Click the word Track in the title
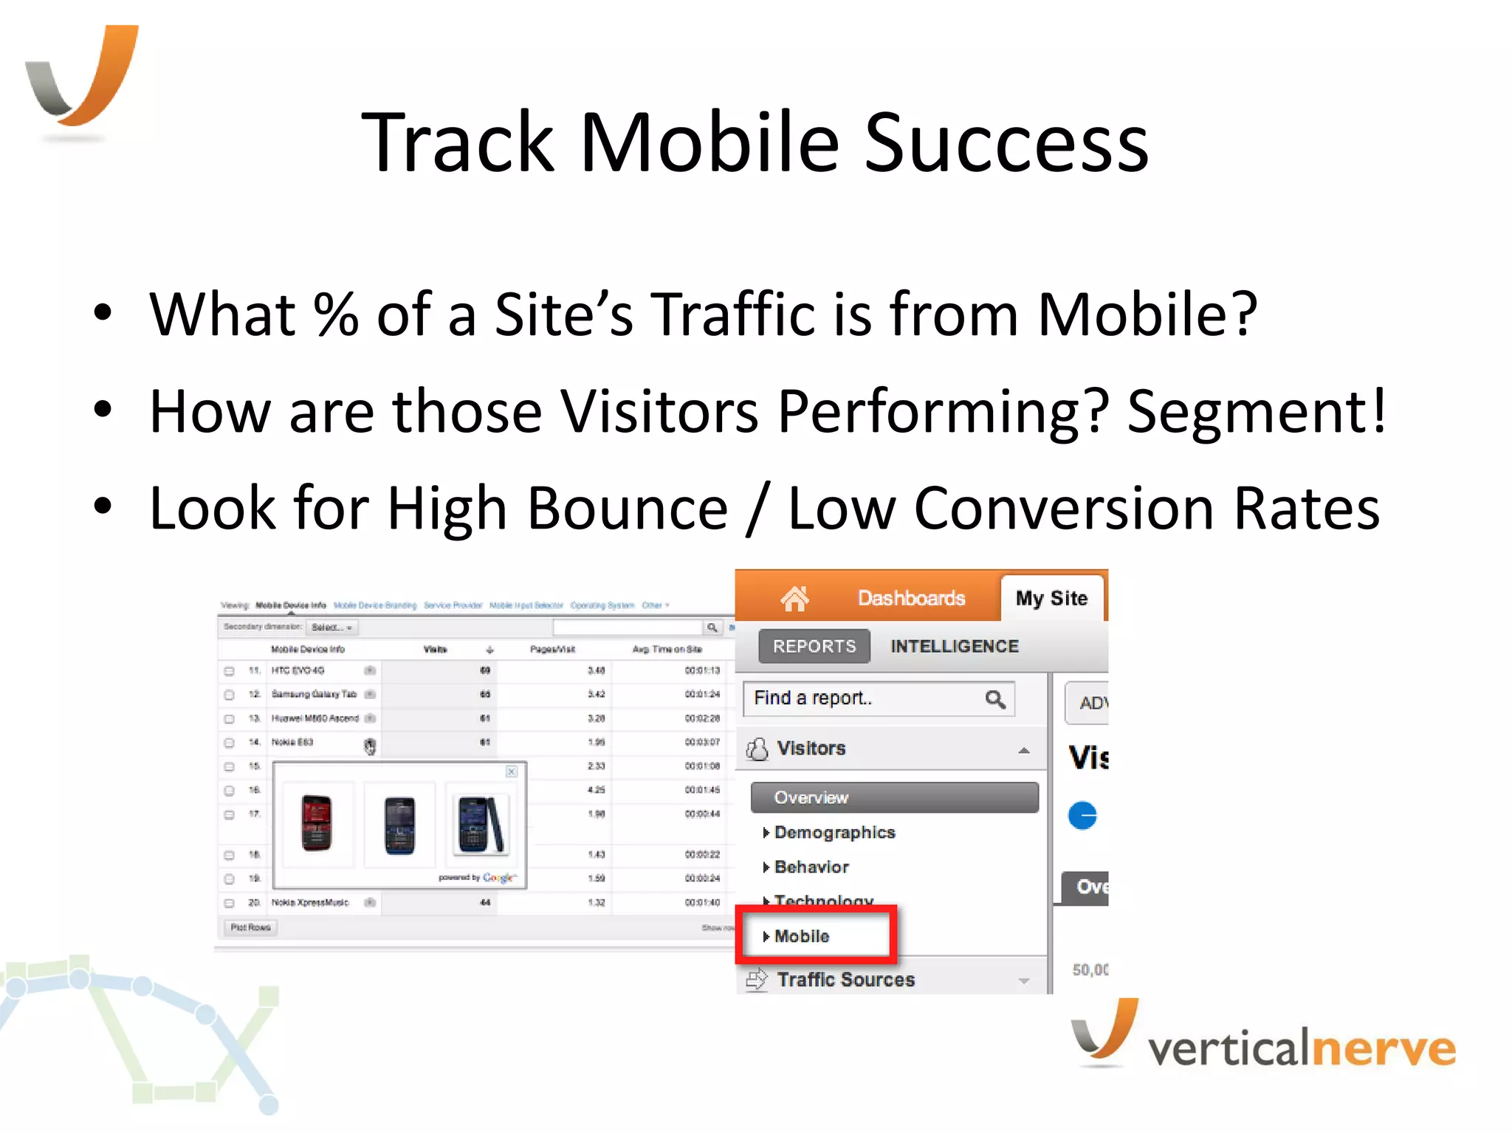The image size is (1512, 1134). pos(458,142)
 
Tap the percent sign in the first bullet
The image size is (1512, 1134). pos(336,315)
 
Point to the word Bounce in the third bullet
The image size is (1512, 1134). pos(628,508)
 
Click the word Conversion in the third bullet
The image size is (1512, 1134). pos(1064,508)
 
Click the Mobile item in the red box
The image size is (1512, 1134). pos(802,936)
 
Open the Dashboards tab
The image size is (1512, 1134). pos(911,598)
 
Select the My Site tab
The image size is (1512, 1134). pos(1051,598)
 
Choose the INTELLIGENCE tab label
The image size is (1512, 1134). pos(954,646)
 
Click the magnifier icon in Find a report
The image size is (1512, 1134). pos(995,698)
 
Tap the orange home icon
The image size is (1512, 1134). pos(794,598)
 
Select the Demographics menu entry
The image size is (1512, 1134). pos(834,832)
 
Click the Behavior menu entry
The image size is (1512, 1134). pos(811,867)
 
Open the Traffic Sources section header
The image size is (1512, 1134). pos(845,979)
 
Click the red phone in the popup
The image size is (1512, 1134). pos(317,823)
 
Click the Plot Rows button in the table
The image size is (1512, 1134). pos(250,927)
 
